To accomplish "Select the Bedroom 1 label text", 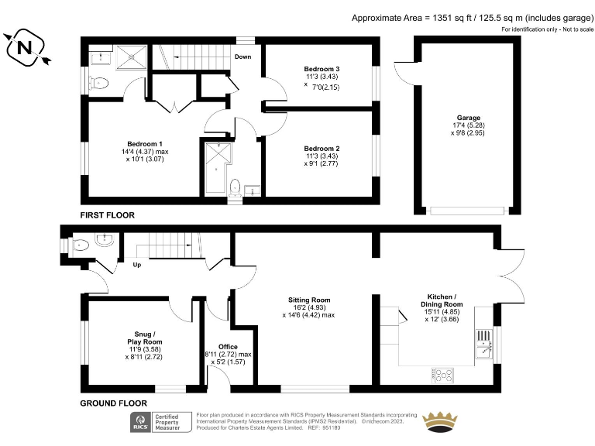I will point(145,143).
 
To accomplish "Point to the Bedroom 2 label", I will point(322,148).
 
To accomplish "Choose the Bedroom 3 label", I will point(322,70).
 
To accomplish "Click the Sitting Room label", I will point(309,300).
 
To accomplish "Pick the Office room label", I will point(228,346).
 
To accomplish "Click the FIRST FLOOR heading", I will point(108,214).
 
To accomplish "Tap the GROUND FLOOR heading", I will point(114,403).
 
